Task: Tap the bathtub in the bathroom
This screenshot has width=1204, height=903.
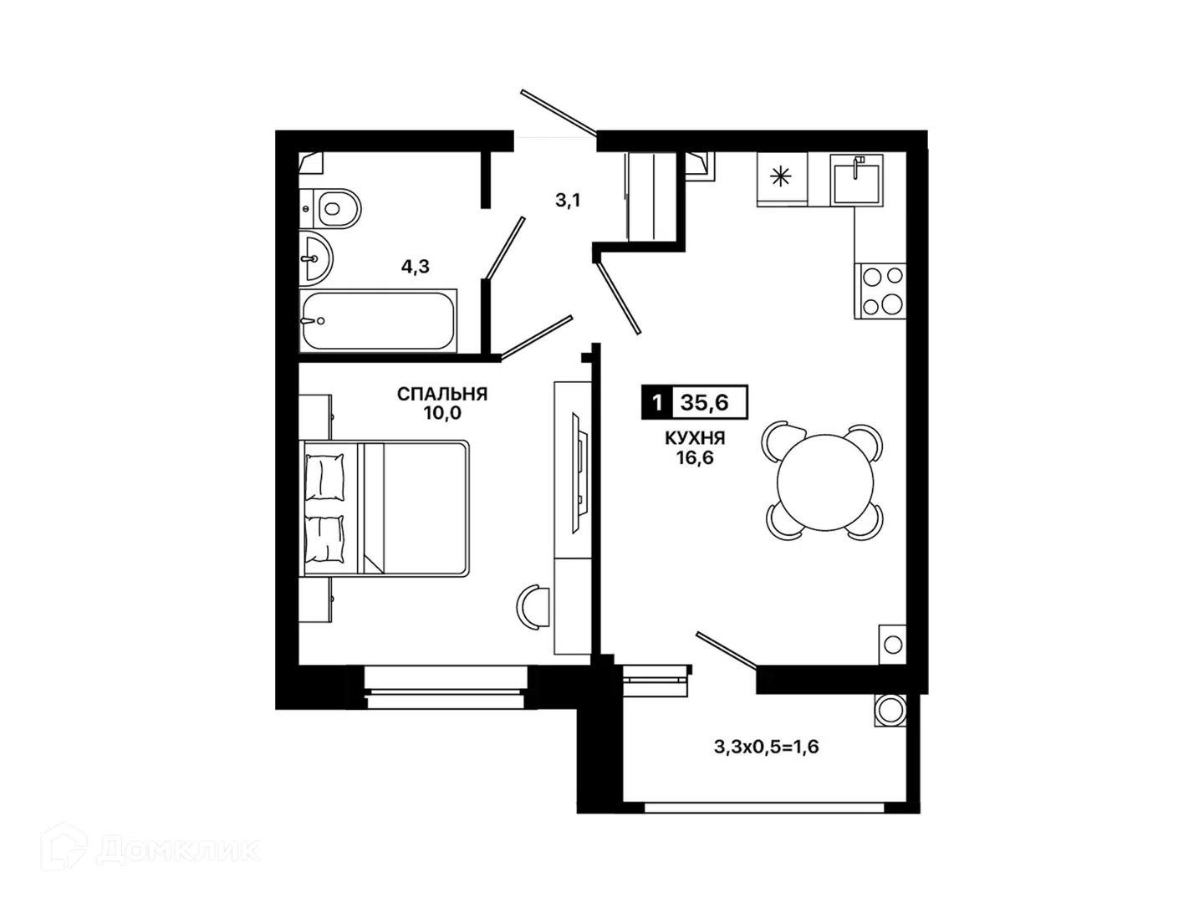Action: pos(378,321)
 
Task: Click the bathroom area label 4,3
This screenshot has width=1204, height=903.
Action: pos(416,267)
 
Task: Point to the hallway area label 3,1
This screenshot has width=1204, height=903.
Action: pos(568,201)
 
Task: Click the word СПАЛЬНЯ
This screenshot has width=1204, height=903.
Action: pos(442,394)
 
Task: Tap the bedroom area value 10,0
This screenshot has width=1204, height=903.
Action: pos(442,413)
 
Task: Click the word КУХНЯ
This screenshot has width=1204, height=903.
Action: pos(695,437)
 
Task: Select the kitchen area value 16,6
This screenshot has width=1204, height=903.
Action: pos(695,457)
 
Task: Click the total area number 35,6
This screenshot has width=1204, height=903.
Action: pos(705,403)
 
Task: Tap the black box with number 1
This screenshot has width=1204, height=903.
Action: pos(656,403)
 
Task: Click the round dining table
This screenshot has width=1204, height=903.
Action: pos(825,482)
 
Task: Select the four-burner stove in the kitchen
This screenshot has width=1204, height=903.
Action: pos(880,291)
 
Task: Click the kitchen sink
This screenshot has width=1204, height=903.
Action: pos(857,180)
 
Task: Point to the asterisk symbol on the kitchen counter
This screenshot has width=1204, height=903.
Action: pos(781,176)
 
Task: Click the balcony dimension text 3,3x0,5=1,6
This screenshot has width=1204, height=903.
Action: pos(766,747)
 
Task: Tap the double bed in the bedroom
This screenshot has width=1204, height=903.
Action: pos(384,508)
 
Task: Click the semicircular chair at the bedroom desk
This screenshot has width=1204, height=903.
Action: pos(533,608)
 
